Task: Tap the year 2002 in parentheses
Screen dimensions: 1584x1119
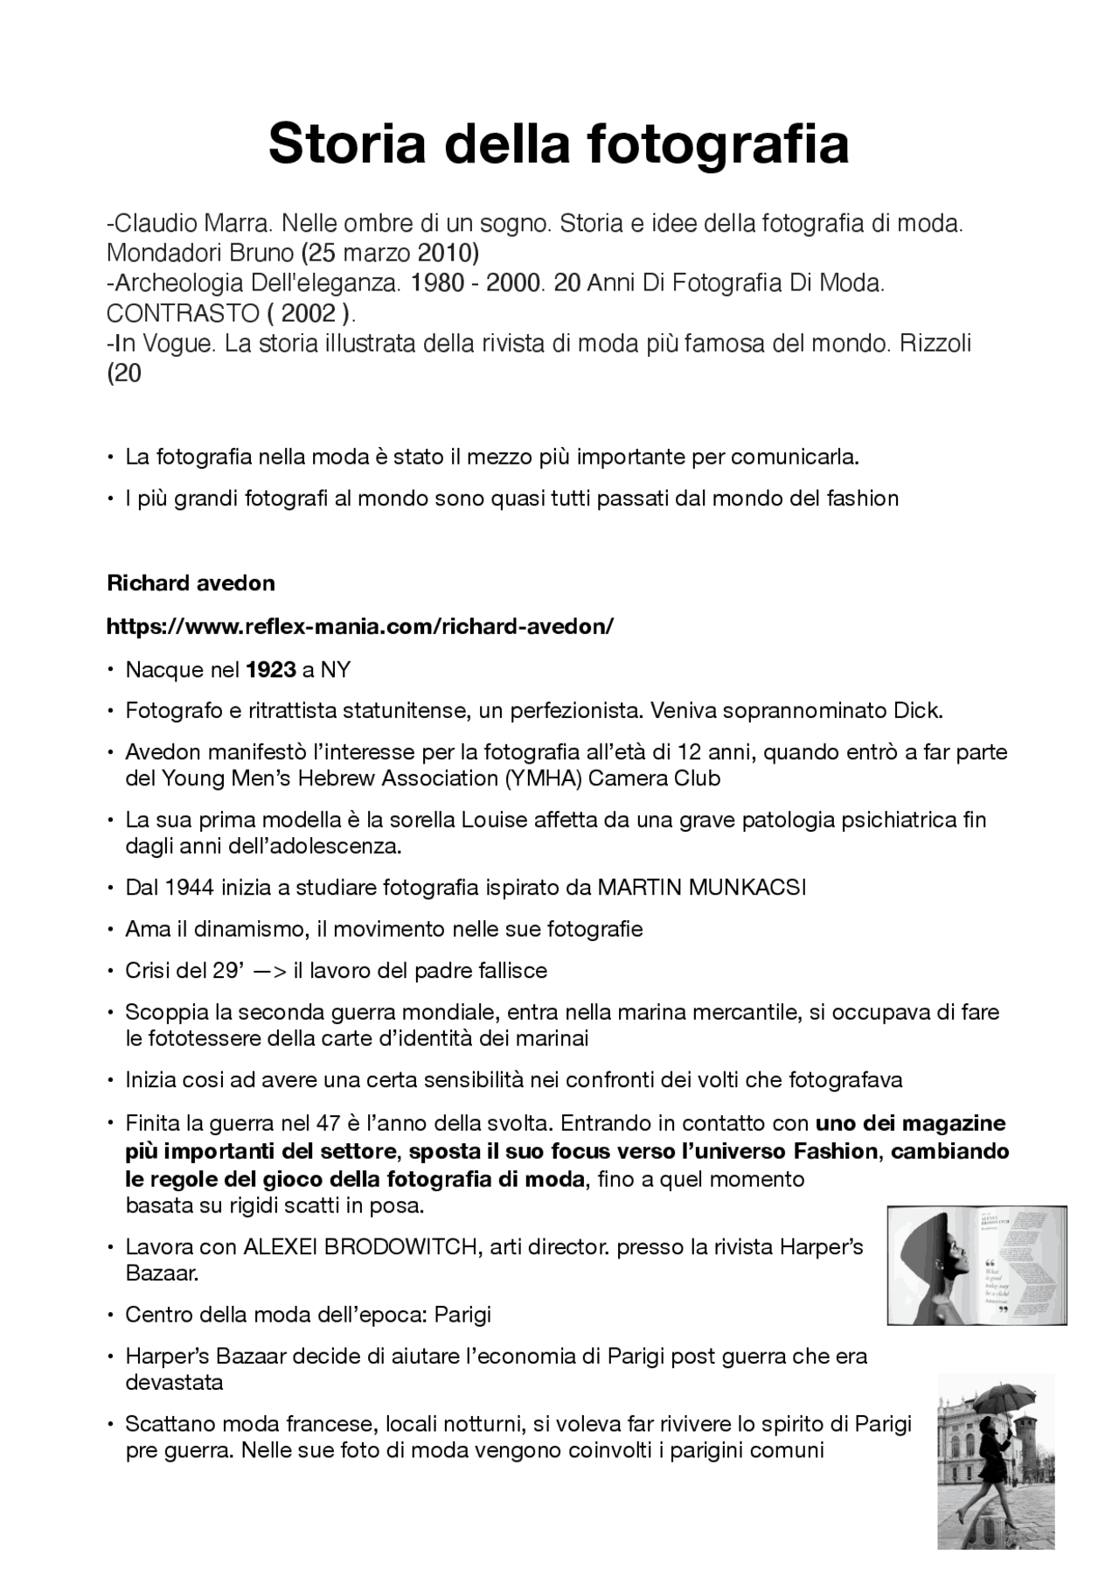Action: (309, 313)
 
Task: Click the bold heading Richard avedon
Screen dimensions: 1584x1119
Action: (191, 583)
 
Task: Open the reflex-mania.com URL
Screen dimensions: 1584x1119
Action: (359, 627)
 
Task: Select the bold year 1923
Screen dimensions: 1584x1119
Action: (271, 671)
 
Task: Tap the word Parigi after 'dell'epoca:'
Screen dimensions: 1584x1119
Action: (462, 1315)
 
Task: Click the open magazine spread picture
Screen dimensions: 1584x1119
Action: (977, 1266)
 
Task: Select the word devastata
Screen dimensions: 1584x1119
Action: (174, 1384)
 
